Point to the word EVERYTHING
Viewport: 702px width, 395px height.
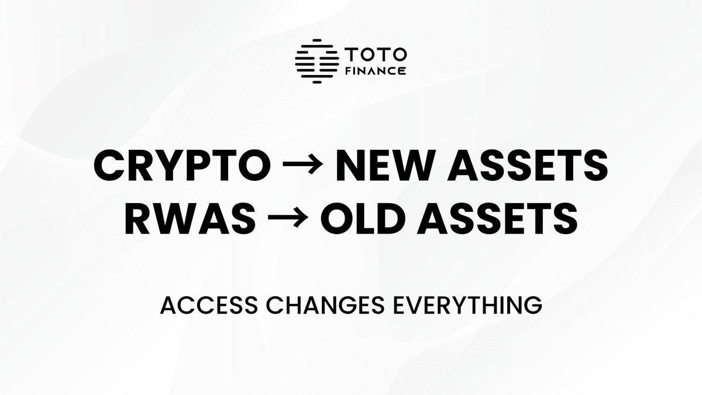click(445, 306)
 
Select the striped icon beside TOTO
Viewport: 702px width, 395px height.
click(317, 61)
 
